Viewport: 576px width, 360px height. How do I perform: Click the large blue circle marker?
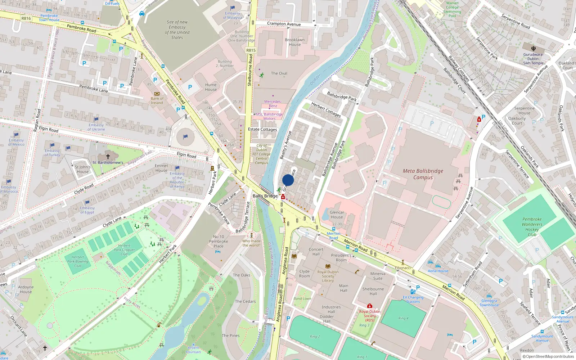[288, 180]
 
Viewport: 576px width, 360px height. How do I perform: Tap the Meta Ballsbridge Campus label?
[423, 174]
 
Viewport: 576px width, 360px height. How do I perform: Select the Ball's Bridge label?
[265, 196]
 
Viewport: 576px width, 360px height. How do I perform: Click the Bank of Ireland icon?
[157, 94]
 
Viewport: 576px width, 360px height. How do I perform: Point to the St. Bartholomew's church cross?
[108, 157]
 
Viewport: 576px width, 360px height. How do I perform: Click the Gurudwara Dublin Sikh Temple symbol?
[534, 48]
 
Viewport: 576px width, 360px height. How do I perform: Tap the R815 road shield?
[251, 50]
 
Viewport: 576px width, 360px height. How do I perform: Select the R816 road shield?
[26, 18]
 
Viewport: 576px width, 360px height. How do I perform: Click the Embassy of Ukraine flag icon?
[96, 119]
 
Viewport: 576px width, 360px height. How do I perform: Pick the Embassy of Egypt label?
[87, 210]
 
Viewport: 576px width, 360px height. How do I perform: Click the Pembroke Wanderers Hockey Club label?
[532, 227]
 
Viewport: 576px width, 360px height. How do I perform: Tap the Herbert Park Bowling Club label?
[78, 261]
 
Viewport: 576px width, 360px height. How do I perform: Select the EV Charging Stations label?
[413, 300]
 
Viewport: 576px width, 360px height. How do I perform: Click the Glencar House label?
[337, 215]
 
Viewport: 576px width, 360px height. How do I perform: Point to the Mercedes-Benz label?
[273, 104]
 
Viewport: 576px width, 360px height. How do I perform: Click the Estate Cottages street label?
[262, 129]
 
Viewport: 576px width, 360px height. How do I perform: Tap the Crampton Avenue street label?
[284, 24]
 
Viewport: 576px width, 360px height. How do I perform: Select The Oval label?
[279, 73]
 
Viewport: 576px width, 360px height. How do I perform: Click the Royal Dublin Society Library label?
[328, 276]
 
